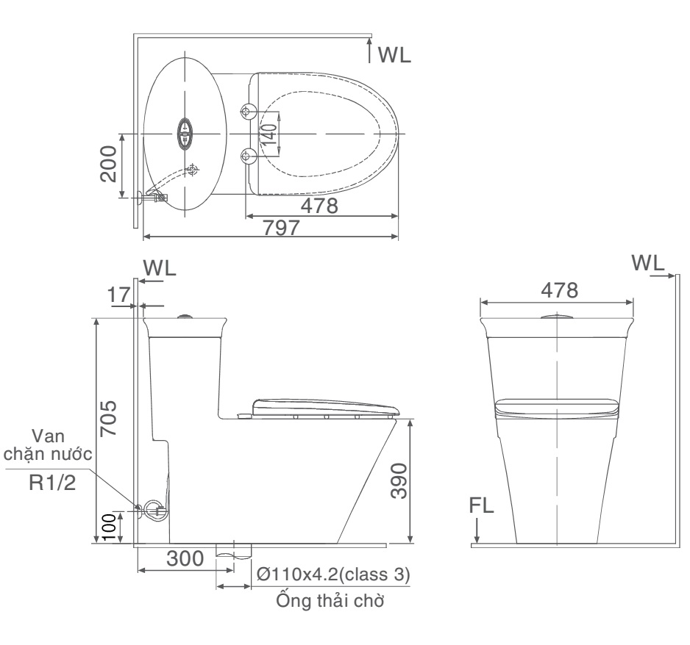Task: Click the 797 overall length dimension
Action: (281, 228)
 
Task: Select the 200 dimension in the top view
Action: (109, 164)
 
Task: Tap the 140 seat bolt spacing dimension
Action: (269, 134)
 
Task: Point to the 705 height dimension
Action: (109, 418)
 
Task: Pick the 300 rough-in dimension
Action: (185, 558)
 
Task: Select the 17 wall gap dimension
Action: (119, 295)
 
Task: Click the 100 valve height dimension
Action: (109, 527)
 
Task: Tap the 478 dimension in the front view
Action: (559, 290)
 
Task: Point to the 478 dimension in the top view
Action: (319, 206)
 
